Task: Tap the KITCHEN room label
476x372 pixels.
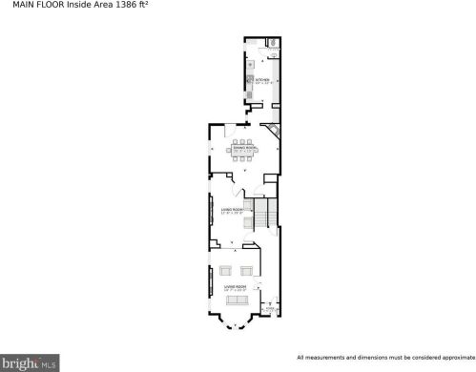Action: click(261, 79)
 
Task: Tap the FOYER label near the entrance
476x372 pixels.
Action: click(270, 310)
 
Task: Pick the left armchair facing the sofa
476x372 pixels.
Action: click(227, 271)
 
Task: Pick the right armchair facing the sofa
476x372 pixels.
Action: click(250, 271)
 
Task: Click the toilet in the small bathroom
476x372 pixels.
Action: click(272, 42)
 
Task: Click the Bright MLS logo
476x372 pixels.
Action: click(29, 363)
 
